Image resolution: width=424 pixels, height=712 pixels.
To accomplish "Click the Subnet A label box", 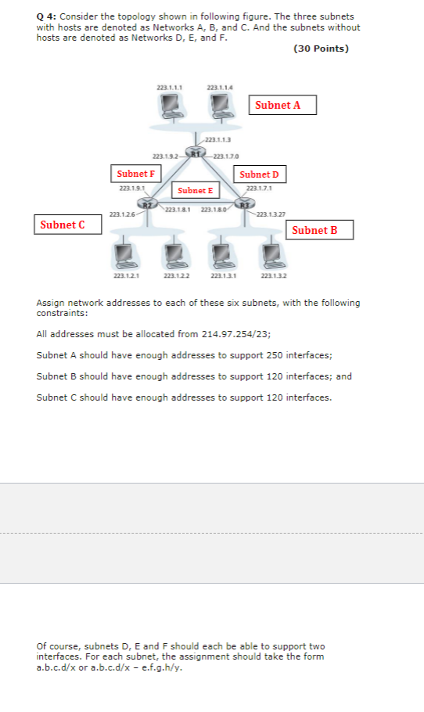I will (x=283, y=106).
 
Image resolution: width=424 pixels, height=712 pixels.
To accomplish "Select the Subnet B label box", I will (x=322, y=230).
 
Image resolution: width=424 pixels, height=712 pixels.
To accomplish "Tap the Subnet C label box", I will (x=69, y=225).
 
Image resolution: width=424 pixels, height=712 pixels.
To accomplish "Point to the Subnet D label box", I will (x=259, y=174).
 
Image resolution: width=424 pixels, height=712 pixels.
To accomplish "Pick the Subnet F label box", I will (x=135, y=173).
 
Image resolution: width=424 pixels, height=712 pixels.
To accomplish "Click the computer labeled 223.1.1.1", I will (x=171, y=106).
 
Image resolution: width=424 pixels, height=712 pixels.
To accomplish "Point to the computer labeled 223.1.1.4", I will (x=221, y=106).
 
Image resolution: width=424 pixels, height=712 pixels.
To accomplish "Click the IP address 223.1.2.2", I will (x=174, y=276).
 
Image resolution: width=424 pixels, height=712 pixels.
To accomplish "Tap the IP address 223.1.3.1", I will (x=222, y=276).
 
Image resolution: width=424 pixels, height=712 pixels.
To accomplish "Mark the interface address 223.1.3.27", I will (x=271, y=214).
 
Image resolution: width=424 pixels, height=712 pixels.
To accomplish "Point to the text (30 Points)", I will (x=321, y=49).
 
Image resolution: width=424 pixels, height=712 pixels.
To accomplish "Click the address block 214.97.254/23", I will (x=236, y=333).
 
